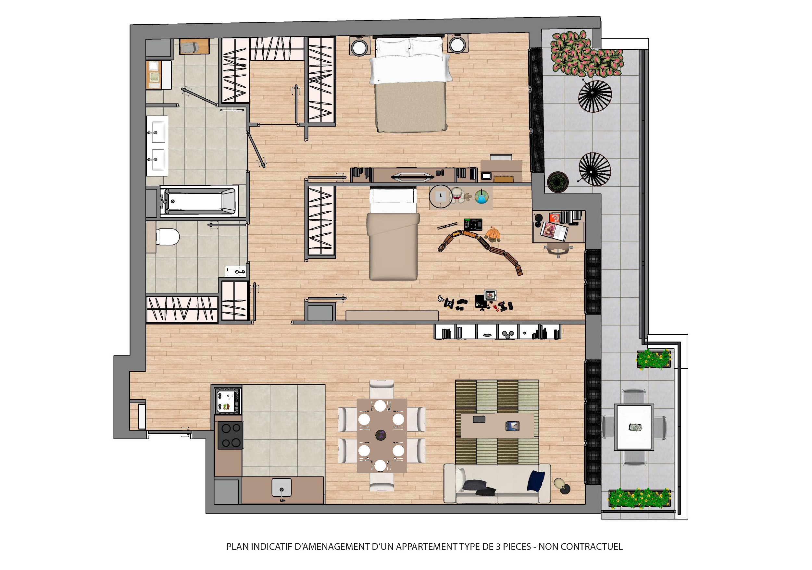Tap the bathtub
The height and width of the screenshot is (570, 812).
point(198,201)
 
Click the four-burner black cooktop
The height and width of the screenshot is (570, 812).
point(230,436)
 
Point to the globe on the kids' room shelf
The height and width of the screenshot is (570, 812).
point(481,197)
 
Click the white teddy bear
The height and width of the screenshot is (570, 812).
point(459,195)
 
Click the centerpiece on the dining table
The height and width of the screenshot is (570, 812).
point(381,435)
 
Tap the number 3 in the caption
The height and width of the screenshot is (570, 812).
point(498,547)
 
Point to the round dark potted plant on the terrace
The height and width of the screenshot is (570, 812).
point(557,182)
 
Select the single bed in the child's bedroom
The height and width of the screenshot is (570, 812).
point(393,234)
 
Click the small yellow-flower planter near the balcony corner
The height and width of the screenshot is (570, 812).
point(654,359)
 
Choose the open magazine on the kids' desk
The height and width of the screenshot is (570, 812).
point(554,231)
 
